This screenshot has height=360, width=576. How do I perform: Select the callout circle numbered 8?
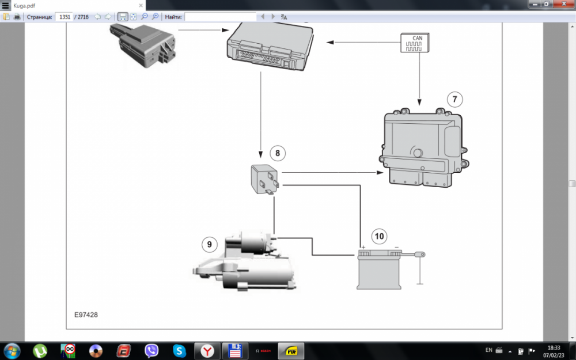277,153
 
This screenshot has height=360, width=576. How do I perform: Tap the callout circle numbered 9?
210,244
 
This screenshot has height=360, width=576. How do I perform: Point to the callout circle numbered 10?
378,236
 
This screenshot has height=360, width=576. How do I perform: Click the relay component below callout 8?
265,178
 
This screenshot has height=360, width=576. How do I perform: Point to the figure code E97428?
86,316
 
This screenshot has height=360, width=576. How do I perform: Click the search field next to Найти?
220,17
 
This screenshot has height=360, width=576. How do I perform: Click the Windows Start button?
12,350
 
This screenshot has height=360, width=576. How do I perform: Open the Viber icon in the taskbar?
151,350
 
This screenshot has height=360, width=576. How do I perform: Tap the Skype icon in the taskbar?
179,350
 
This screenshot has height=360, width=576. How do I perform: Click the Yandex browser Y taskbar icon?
207,350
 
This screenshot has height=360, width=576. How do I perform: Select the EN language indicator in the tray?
489,350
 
